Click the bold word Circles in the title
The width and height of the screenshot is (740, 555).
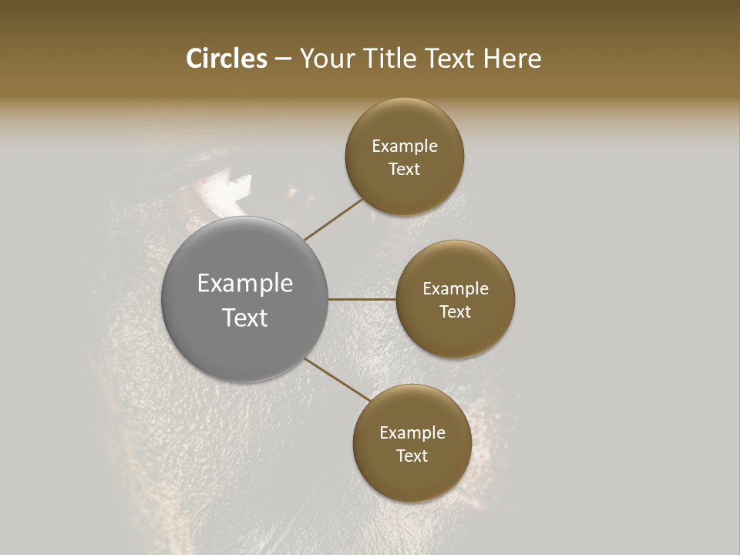coord(227,59)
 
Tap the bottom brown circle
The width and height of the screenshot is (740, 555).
coord(412,478)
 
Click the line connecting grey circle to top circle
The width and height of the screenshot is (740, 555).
coord(333,219)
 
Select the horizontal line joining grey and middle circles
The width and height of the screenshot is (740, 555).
coord(362,299)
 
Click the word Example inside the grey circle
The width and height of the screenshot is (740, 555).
coord(245,284)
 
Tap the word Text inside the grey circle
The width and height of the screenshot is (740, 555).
coord(245,318)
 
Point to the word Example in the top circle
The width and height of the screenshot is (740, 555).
coord(405,146)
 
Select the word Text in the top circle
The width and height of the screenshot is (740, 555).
coord(404,170)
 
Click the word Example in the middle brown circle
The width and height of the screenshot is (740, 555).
coord(456,289)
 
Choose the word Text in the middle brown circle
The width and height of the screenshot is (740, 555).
coord(455,311)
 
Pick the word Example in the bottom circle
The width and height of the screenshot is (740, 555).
coord(412,433)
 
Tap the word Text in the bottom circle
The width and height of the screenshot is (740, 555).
coord(412,456)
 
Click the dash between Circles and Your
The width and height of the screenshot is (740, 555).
coord(283,59)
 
